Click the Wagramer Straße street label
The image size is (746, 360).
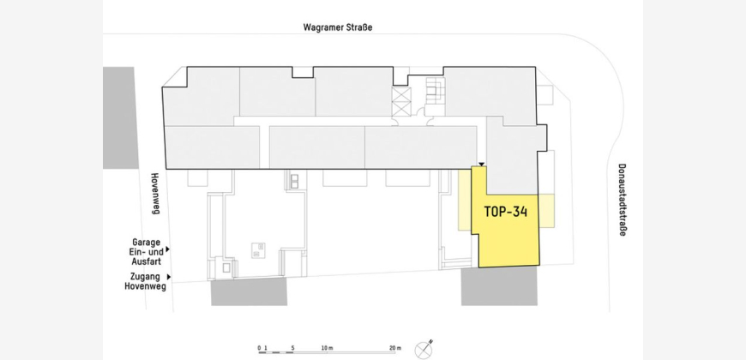pos(338,27)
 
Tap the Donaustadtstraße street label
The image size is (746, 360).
pos(623,200)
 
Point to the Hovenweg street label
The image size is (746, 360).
pos(154,193)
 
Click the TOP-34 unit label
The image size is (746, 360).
pos(506,212)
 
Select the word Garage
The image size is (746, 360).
pos(146,242)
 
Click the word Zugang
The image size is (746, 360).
pos(145,276)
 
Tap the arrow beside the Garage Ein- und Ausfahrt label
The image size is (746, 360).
pos(167,249)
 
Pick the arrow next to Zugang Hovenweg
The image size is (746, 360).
pos(169,277)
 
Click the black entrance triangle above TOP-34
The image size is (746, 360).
pos(482,164)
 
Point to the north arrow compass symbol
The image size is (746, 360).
pos(424,350)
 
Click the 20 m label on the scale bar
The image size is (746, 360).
pos(395,348)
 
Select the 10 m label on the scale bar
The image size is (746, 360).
pos(327,348)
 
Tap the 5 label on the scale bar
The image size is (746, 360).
pos(292,348)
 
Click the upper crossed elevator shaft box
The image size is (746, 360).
pos(401,95)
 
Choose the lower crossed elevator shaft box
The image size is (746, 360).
pos(401,110)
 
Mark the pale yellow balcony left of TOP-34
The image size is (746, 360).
pos(465,200)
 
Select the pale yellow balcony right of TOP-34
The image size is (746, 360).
pos(547,211)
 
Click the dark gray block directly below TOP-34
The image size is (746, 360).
pos(499,285)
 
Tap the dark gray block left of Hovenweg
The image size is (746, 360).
pos(119,118)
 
